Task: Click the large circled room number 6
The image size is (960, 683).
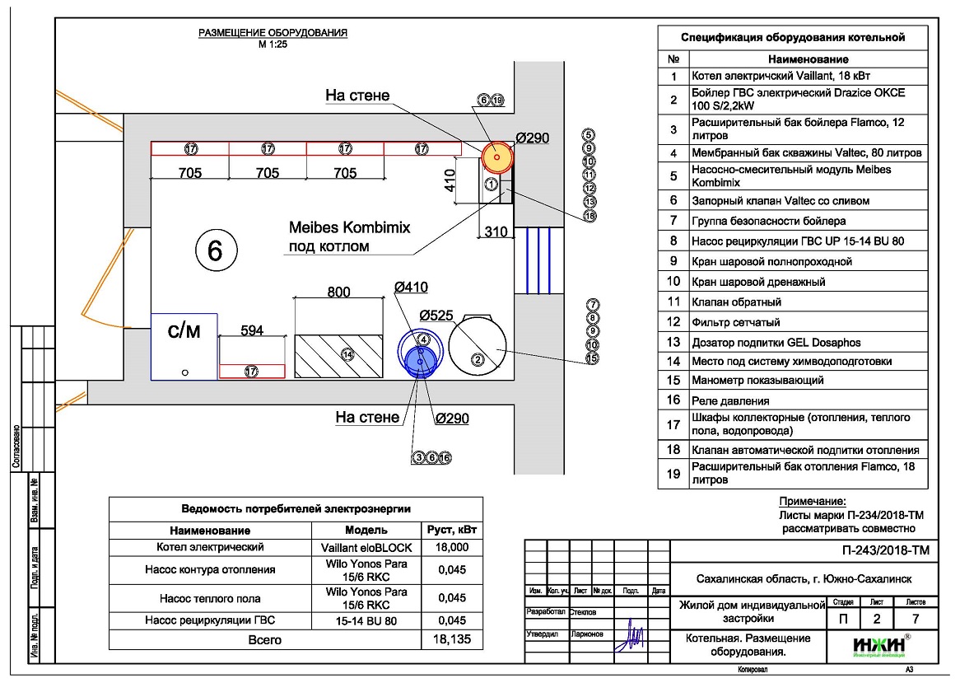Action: click(x=215, y=250)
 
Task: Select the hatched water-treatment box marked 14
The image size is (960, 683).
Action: click(x=339, y=355)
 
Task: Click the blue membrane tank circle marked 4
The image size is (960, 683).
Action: click(x=419, y=353)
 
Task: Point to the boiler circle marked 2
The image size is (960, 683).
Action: click(x=477, y=346)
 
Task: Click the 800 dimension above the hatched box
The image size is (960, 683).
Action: click(x=338, y=292)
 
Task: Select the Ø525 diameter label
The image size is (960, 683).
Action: click(x=437, y=316)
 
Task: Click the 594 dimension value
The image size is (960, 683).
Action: click(x=252, y=330)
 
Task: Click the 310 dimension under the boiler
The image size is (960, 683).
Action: click(x=495, y=232)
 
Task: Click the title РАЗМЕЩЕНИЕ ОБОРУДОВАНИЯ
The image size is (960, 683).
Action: click(x=273, y=33)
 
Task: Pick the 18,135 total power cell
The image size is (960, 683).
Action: click(x=451, y=639)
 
